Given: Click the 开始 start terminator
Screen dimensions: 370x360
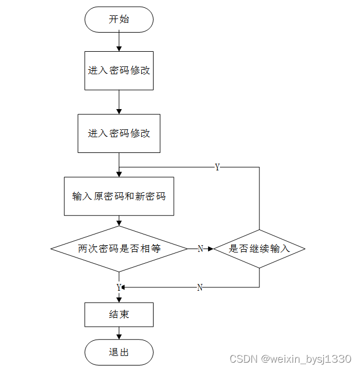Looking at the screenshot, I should tap(119, 19).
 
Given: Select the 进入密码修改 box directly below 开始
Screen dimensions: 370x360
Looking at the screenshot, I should tap(119, 71).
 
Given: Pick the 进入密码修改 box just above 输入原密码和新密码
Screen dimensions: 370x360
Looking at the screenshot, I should tap(119, 133).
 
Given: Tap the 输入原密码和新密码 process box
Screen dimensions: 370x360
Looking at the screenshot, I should tap(119, 196).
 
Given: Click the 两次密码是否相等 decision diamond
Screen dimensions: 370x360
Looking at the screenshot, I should tap(119, 248).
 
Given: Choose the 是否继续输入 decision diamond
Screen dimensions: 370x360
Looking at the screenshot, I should tap(259, 248).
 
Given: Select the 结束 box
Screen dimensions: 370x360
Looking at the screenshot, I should tap(119, 314).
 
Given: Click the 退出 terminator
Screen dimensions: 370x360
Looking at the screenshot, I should tap(119, 353).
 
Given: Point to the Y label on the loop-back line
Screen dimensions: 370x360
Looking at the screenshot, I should tap(217, 168).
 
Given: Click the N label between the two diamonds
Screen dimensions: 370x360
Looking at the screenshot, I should tap(200, 249).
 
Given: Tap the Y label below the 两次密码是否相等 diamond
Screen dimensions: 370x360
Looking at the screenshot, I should tap(119, 287).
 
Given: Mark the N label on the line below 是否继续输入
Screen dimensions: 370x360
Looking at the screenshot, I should tap(200, 287).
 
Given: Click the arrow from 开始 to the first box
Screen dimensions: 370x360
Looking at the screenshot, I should tap(119, 41).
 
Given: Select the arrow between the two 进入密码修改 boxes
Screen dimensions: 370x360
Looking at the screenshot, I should tap(119, 102).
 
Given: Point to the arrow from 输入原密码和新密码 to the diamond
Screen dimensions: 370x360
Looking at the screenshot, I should tap(119, 221).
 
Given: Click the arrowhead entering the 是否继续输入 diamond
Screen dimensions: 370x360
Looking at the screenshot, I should tap(210, 249).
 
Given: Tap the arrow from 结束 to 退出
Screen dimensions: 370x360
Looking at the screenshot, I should tap(119, 333).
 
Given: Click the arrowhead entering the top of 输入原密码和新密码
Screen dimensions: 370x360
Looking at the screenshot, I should tap(119, 174).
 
